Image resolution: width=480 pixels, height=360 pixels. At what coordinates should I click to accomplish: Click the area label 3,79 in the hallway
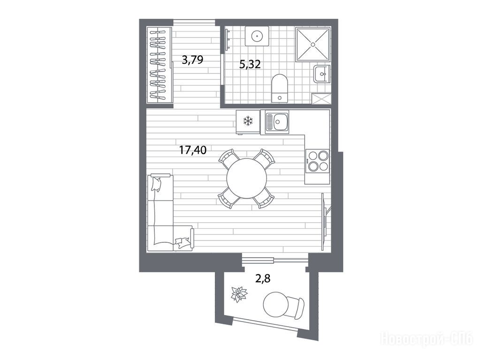coord(192,60)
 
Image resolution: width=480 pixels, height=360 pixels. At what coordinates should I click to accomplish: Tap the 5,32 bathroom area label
coord(250,64)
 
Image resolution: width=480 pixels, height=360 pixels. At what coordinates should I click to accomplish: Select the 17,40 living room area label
coord(193,150)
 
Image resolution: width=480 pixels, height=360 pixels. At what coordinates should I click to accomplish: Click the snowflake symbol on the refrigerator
coord(248,121)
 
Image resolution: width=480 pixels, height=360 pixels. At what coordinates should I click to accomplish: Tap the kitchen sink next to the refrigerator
coord(277,122)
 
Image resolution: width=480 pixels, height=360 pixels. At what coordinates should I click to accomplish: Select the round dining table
coord(246,178)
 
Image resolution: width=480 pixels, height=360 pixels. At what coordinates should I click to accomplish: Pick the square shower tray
coord(313,44)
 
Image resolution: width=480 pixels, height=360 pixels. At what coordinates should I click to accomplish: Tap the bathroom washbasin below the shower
coord(322,74)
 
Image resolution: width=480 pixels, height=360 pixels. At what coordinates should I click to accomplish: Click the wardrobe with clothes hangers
coord(159,65)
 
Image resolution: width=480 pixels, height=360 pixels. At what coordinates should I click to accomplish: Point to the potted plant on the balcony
coord(239,294)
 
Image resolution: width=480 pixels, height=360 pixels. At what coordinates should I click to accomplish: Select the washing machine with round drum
coord(257,36)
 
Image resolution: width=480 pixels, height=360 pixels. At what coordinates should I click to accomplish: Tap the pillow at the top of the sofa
coord(156,184)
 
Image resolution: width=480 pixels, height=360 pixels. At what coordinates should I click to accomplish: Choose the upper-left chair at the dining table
coord(229,158)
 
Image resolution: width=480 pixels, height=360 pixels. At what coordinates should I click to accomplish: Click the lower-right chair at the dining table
coord(263,198)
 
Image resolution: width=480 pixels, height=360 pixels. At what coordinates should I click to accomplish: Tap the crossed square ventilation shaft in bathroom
coord(321,98)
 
